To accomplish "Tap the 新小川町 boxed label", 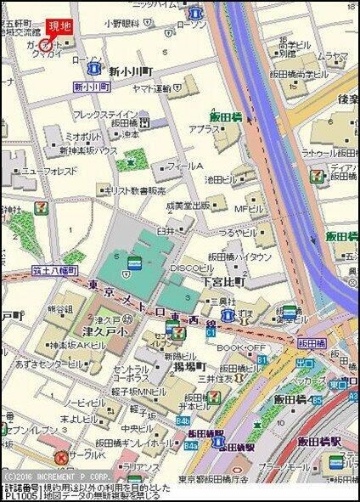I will coord(93,87).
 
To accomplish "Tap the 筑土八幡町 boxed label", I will coord(56,270).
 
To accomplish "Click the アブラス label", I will coord(203,129).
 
